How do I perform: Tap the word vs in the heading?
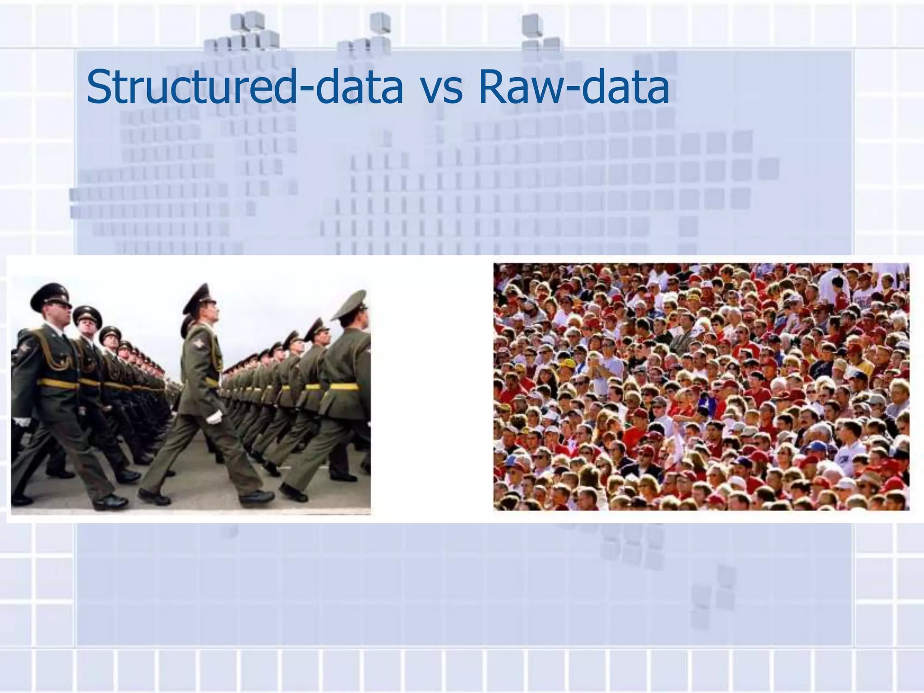440,88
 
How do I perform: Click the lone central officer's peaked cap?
199,298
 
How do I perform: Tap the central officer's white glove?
215,417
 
